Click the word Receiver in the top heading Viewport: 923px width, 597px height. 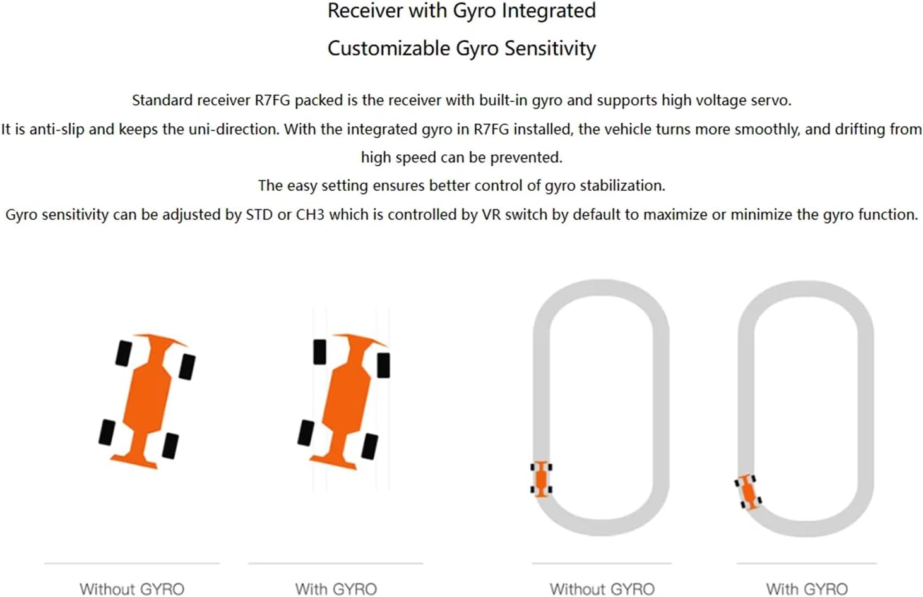pyautogui.click(x=365, y=11)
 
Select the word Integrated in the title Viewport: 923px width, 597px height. pyautogui.click(x=549, y=11)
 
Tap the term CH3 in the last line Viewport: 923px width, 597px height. pyautogui.click(x=310, y=215)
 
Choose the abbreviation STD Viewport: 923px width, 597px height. pyautogui.click(x=259, y=215)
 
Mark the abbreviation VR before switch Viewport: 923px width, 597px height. pyautogui.click(x=491, y=215)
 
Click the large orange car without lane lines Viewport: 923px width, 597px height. pyautogui.click(x=147, y=401)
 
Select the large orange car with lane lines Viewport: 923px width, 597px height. pyautogui.click(x=343, y=401)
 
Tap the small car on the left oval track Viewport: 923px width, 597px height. pyautogui.click(x=541, y=479)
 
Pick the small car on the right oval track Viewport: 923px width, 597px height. pyautogui.click(x=748, y=492)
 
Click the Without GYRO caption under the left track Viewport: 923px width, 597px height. pyautogui.click(x=602, y=589)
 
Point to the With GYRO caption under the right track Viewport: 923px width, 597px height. pyautogui.click(x=807, y=589)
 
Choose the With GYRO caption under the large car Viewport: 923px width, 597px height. pyautogui.click(x=336, y=589)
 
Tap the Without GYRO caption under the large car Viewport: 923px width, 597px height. pyautogui.click(x=132, y=589)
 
